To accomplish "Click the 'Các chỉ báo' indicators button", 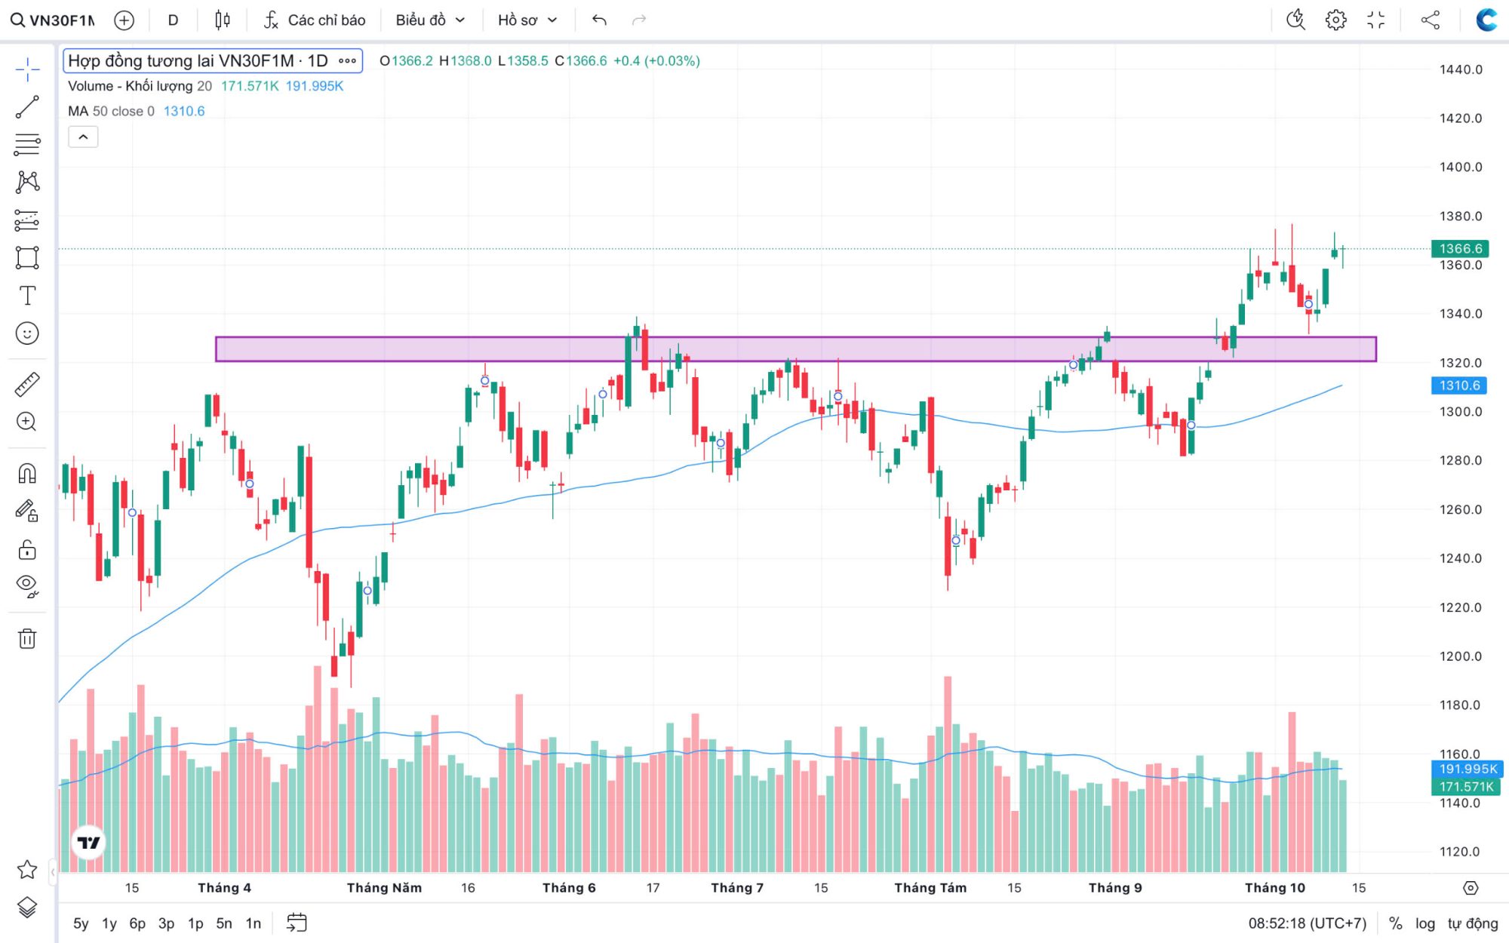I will [315, 20].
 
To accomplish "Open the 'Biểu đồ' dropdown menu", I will [430, 20].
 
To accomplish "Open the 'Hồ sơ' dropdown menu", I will [527, 20].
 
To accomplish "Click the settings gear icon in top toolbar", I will [1335, 20].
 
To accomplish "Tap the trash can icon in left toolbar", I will [27, 639].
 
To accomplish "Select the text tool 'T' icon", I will [27, 296].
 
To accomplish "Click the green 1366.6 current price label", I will [1460, 248].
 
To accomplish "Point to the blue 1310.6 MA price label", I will [1459, 385].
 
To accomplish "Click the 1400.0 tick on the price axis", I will [1460, 167].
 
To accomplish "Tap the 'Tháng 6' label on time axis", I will [569, 888].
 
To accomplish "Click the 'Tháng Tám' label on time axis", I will [930, 888].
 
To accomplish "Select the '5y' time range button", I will [81, 923].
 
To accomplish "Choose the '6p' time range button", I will [137, 923].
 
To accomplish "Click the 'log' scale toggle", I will [1424, 923].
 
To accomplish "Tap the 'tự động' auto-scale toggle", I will [1472, 923].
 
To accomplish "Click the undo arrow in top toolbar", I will [599, 20].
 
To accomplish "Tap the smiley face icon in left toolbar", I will [27, 333].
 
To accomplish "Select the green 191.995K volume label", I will [1467, 769].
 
